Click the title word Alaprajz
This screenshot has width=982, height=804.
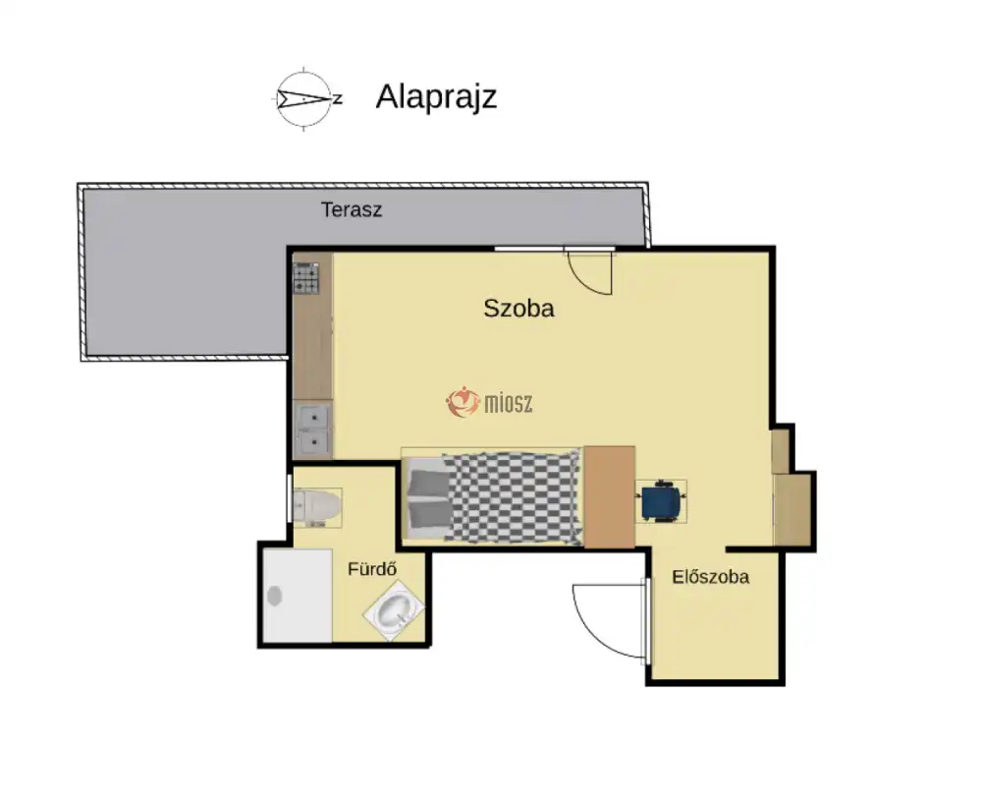pos(436,97)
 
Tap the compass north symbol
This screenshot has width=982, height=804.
pos(305,98)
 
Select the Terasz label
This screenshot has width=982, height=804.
pos(352,209)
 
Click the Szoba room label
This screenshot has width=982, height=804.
pos(518,309)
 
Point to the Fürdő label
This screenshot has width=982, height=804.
pos(372,569)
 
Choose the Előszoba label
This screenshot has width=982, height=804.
pos(710,577)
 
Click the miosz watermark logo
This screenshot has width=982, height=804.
pos(489,402)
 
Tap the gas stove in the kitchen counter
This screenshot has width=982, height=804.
pos(306,278)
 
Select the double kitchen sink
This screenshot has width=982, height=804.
pos(312,431)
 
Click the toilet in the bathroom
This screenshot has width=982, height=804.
pos(317,506)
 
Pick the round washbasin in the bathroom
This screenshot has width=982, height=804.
pos(395,610)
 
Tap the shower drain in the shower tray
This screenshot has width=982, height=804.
pos(274,596)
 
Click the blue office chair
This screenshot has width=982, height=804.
pos(660,500)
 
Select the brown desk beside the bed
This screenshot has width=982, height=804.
pos(610,497)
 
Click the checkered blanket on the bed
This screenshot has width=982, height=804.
pos(513,497)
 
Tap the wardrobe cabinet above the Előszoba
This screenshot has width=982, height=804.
pos(792,509)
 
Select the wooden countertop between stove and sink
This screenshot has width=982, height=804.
pos(312,347)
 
